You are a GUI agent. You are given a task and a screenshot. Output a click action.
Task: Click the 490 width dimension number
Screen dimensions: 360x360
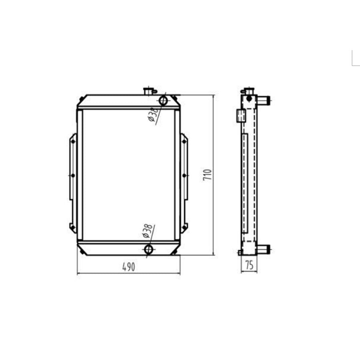pos(128,267)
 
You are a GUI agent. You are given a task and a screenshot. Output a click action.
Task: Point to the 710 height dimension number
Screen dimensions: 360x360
pos(207,175)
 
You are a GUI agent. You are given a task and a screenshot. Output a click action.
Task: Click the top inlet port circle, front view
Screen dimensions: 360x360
pos(163,100)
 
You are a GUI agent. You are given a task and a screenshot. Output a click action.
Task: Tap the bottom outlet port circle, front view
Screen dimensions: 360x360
pos(148,250)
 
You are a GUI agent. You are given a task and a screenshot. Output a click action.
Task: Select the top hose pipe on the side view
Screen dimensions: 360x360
pos(263,100)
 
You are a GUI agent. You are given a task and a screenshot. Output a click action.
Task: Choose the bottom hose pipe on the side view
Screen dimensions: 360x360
pos(263,250)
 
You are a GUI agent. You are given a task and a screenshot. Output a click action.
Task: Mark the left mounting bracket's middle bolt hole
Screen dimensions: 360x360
pos(73,175)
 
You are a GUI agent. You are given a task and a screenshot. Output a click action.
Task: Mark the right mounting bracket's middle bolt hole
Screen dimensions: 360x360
pos(184,175)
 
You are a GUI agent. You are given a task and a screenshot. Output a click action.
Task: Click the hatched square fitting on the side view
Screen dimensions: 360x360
pos(240,115)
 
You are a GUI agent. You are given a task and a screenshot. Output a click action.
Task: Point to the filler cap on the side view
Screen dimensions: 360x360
pos(249,91)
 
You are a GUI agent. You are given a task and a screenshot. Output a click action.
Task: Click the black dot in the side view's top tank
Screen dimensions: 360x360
pos(249,98)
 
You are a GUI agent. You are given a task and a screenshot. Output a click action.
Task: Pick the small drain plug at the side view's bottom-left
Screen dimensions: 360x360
pos(239,252)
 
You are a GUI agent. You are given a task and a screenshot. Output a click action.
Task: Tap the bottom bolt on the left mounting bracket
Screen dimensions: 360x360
pos(72,226)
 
